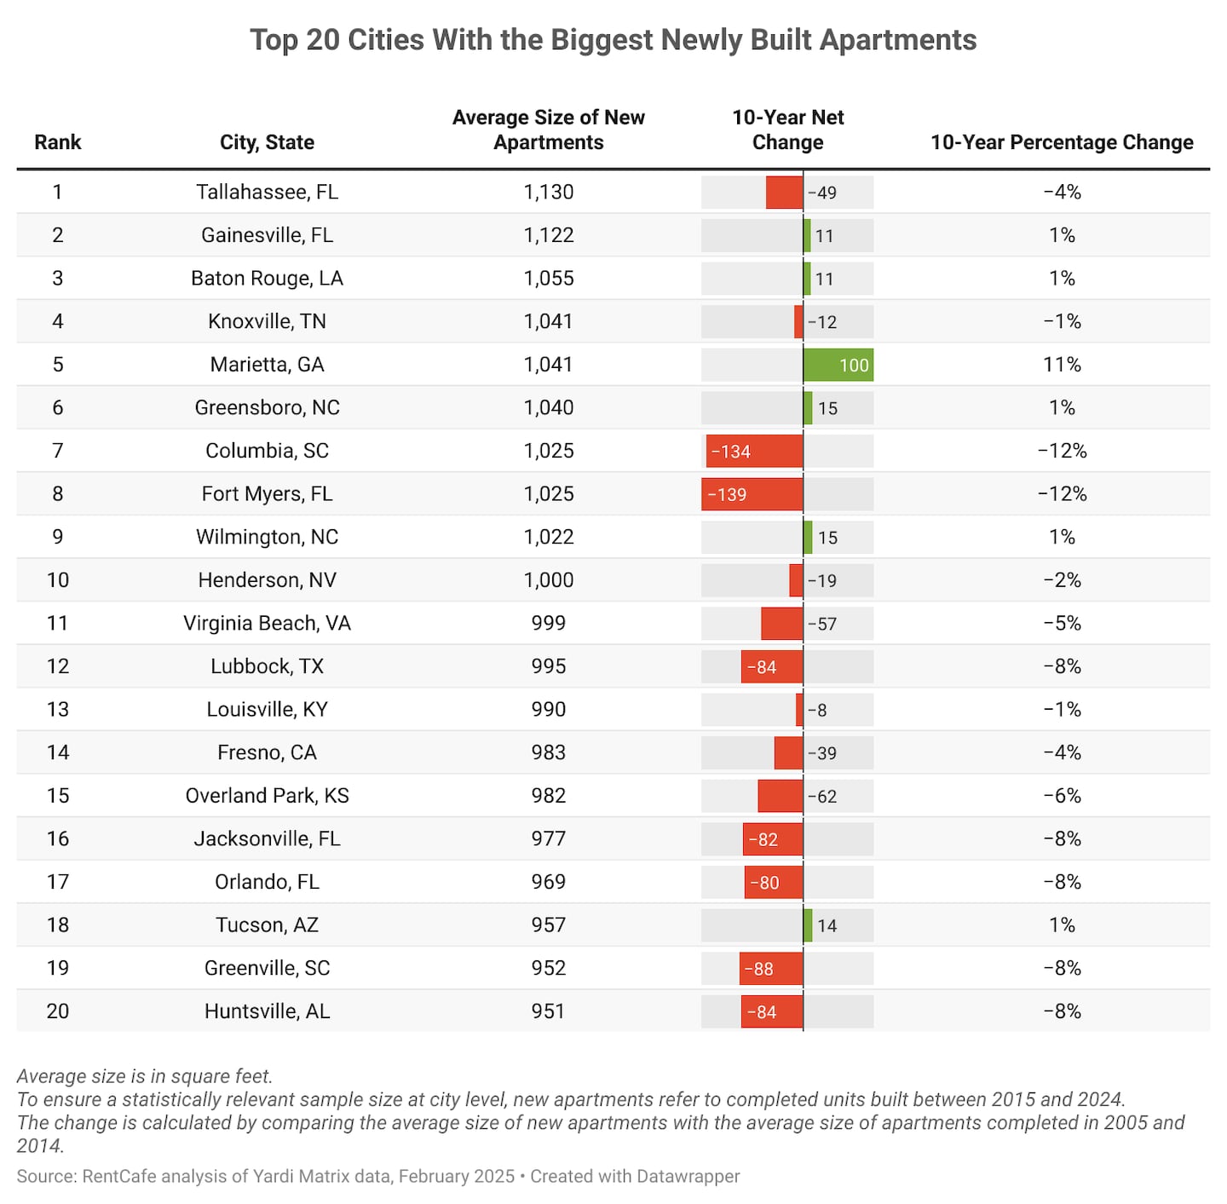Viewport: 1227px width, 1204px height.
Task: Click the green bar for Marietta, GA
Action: click(x=838, y=365)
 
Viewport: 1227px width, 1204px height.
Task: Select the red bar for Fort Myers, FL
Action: click(x=752, y=494)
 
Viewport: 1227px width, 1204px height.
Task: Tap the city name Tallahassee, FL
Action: click(x=267, y=192)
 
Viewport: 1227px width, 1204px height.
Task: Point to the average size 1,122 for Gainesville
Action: click(x=548, y=235)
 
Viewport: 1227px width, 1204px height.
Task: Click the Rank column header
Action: click(x=58, y=142)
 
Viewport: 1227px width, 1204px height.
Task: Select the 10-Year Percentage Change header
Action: click(x=1062, y=142)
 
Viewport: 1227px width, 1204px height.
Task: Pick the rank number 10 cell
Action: click(x=58, y=580)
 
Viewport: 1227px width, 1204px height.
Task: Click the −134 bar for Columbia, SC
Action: click(x=754, y=451)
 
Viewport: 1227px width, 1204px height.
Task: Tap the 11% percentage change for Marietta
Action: click(x=1062, y=365)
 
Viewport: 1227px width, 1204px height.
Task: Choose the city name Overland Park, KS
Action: click(x=267, y=796)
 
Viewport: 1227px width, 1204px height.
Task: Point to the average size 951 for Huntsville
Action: click(x=548, y=1011)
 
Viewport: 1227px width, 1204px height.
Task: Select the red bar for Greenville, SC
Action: click(x=771, y=969)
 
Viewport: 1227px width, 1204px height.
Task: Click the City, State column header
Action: click(x=267, y=142)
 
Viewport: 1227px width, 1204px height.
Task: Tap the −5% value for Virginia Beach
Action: click(x=1062, y=624)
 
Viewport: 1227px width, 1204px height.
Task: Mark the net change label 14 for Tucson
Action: click(x=827, y=925)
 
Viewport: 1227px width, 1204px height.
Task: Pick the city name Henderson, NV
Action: click(x=267, y=580)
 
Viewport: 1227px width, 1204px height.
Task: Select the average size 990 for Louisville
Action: click(x=548, y=710)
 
